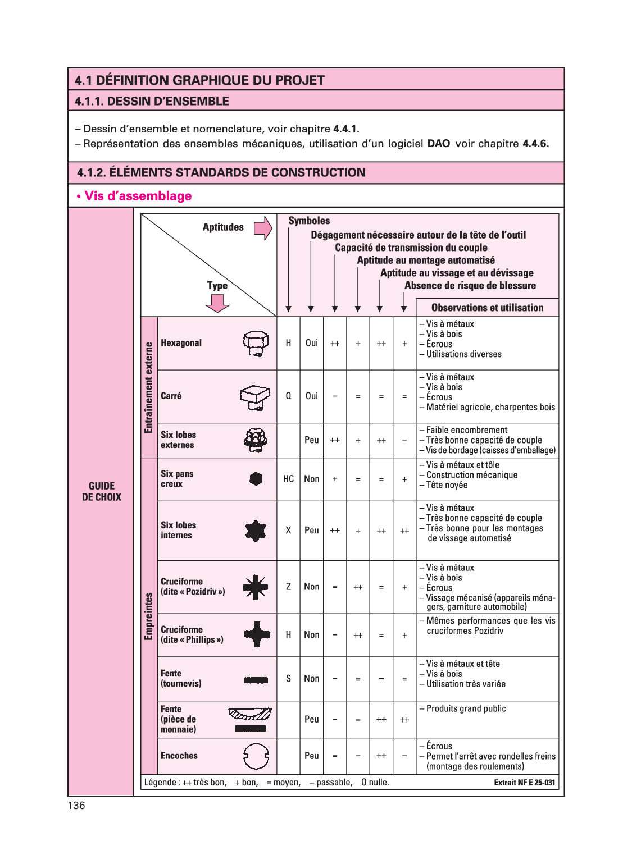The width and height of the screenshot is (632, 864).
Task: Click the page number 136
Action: click(x=76, y=806)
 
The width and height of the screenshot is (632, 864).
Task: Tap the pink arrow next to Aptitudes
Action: click(x=263, y=228)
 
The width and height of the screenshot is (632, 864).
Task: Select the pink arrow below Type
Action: click(x=217, y=303)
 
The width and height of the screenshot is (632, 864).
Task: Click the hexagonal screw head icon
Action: click(x=256, y=343)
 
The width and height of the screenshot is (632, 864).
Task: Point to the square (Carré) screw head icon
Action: click(x=255, y=396)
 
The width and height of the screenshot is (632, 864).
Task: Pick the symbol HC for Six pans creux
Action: click(x=288, y=479)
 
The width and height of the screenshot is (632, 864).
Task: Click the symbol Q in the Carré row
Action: click(x=288, y=396)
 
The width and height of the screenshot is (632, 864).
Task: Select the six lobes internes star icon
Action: click(x=256, y=531)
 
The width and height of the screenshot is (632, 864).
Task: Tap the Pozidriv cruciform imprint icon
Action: click(x=255, y=587)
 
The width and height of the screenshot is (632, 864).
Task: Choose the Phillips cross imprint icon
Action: click(x=256, y=635)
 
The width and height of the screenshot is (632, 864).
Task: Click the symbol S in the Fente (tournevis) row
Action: click(x=288, y=678)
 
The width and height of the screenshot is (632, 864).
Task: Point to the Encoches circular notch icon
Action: click(x=256, y=756)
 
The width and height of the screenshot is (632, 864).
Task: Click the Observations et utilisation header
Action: click(x=487, y=308)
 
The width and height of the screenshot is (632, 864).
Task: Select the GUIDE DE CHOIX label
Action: click(x=102, y=491)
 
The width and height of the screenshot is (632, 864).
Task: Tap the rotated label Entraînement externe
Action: click(x=149, y=387)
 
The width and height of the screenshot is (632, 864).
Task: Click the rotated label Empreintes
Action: click(x=149, y=616)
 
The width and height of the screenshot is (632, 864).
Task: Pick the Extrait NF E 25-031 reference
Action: click(x=524, y=783)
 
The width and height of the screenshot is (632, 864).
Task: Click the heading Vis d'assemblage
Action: click(x=138, y=196)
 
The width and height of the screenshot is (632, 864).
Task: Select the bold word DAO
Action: click(x=438, y=144)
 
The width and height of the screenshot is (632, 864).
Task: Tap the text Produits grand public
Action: click(x=466, y=708)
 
